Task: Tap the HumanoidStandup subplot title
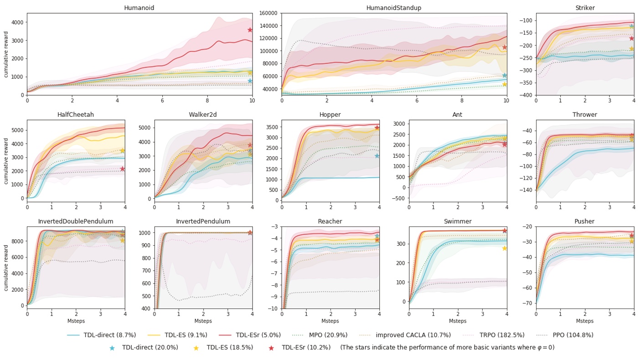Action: click(x=394, y=8)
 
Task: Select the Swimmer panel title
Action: click(x=458, y=221)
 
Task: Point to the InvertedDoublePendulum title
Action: click(x=76, y=221)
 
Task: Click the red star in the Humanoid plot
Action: click(x=250, y=30)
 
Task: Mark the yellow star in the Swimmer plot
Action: click(x=504, y=248)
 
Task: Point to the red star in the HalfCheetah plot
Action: click(x=122, y=169)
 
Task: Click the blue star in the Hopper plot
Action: click(x=377, y=156)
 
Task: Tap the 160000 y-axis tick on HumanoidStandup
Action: click(x=268, y=13)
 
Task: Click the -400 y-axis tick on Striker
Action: click(x=526, y=95)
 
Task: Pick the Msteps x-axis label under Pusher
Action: click(x=585, y=321)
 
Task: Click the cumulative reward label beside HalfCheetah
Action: click(x=6, y=160)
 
